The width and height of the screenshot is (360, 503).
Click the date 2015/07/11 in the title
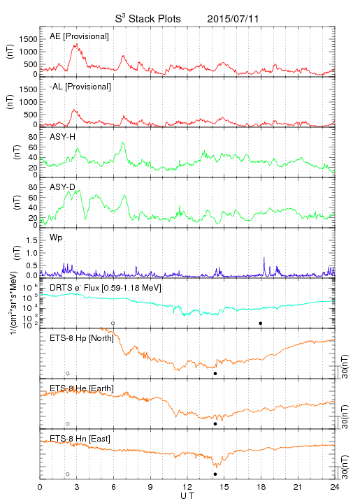click(233, 19)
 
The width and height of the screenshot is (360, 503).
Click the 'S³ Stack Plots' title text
click(148, 18)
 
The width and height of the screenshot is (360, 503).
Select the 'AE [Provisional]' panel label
click(79, 36)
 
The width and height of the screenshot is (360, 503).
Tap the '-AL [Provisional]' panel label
click(80, 87)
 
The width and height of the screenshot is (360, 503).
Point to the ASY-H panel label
click(63, 137)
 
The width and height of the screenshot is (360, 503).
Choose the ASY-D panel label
click(63, 187)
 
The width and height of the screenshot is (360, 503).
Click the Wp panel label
click(56, 238)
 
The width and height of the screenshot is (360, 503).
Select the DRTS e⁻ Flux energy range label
click(131, 288)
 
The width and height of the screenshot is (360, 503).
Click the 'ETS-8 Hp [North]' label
click(82, 338)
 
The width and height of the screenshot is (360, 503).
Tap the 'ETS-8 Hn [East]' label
click(80, 439)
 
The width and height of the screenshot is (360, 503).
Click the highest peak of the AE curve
click(77, 43)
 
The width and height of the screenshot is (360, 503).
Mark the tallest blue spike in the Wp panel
click(264, 258)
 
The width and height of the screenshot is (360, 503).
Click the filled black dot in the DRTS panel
click(261, 323)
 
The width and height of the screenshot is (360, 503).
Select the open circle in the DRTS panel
click(113, 323)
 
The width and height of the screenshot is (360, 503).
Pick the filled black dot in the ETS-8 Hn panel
click(215, 474)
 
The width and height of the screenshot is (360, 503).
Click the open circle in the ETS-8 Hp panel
click(68, 373)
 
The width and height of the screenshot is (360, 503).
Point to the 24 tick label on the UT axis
click(335, 487)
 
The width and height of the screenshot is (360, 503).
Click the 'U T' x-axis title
click(187, 495)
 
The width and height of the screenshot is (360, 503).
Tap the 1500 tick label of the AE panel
click(28, 39)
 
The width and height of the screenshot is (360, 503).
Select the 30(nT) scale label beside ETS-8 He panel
click(345, 416)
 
